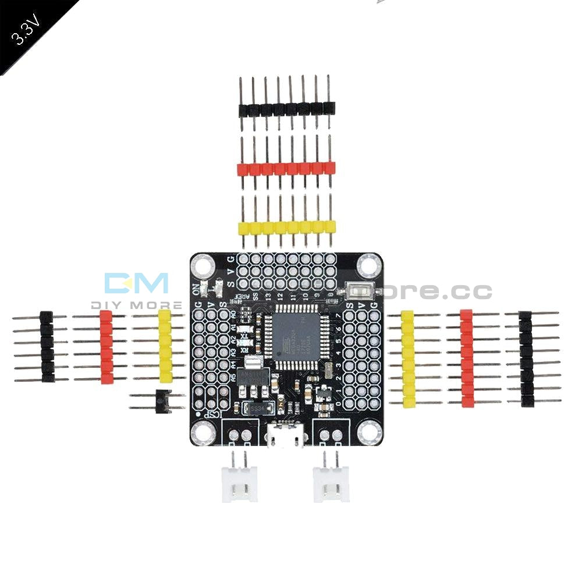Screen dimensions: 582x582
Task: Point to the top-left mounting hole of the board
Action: [203, 267]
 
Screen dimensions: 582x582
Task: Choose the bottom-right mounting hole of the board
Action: [368, 432]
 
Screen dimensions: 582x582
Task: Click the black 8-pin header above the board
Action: [286, 108]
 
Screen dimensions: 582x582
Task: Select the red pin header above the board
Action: [286, 169]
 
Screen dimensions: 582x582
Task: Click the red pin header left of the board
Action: [106, 347]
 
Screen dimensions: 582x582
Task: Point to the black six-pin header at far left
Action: [47, 347]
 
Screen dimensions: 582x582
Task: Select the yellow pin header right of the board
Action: [407, 359]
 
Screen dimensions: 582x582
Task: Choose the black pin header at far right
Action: [526, 359]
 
